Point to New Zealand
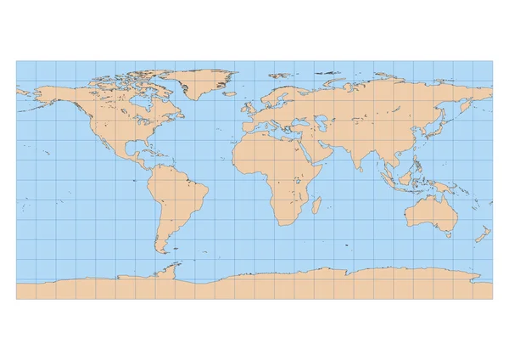[482, 233]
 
